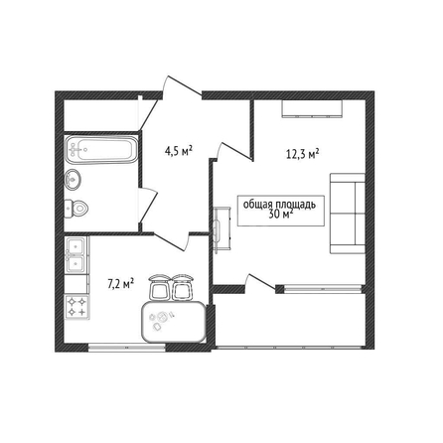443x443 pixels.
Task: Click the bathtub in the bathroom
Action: click(x=101, y=149)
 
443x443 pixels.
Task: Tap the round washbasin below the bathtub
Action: click(x=73, y=180)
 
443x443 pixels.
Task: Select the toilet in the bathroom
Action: click(x=75, y=209)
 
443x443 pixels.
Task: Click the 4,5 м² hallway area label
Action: click(x=179, y=151)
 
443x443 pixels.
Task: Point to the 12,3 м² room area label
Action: click(x=302, y=154)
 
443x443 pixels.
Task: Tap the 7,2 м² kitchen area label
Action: click(x=121, y=284)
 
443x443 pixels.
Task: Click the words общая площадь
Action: click(x=279, y=205)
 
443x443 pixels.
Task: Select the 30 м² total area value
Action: click(x=281, y=215)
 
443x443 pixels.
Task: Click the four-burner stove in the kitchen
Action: click(x=77, y=307)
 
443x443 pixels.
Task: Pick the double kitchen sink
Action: click(x=76, y=255)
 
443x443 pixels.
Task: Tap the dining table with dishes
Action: click(x=174, y=322)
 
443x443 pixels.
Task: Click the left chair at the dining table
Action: click(x=160, y=287)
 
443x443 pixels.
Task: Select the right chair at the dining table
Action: click(x=182, y=287)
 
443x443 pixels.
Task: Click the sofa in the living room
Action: click(x=348, y=214)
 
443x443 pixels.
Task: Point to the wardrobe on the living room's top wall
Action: click(x=312, y=108)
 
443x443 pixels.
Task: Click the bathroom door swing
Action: click(x=148, y=206)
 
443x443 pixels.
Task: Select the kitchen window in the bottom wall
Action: click(x=127, y=348)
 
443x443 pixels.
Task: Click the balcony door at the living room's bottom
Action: click(x=260, y=284)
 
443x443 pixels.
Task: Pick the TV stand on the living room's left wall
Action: click(x=222, y=227)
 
